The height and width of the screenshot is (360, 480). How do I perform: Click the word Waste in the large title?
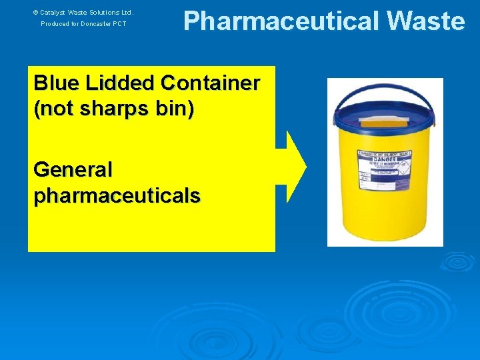click(425, 21)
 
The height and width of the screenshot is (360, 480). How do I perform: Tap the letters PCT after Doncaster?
click(119, 24)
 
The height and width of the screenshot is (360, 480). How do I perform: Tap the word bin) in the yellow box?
click(175, 109)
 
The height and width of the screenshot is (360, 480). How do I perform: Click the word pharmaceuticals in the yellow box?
click(117, 195)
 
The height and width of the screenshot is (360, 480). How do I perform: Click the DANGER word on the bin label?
click(387, 161)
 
